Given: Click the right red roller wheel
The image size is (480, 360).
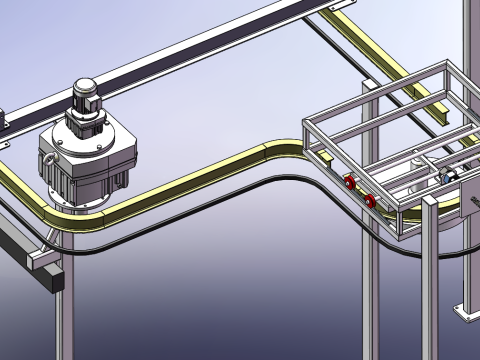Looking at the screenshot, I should point(371,203).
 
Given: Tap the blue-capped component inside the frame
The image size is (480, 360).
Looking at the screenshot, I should point(448,176).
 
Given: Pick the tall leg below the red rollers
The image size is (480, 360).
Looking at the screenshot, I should point(369,290).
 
